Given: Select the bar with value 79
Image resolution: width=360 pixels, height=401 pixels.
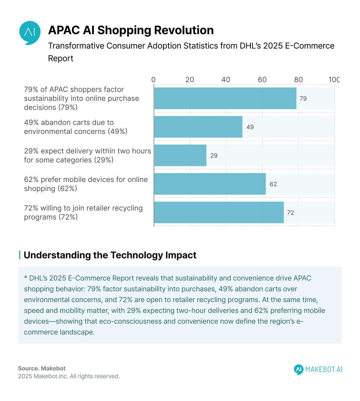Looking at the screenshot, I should (x=225, y=98).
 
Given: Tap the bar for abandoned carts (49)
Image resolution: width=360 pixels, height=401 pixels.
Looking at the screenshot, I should (x=198, y=127).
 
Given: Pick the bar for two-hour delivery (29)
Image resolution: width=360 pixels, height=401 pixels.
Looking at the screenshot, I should (x=180, y=155).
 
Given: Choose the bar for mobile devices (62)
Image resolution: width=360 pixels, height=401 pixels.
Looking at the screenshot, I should (x=210, y=184).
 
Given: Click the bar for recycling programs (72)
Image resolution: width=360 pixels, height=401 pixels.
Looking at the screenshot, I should (x=219, y=212).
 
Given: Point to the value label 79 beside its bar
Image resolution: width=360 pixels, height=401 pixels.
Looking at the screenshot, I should (x=303, y=99).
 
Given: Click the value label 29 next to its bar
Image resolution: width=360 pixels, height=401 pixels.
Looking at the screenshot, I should (x=214, y=156).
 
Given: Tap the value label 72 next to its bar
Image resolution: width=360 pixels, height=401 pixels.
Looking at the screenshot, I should (x=290, y=213).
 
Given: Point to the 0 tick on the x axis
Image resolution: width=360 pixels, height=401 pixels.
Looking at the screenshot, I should (x=154, y=80).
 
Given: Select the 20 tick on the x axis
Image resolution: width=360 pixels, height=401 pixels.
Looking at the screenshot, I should (x=190, y=80).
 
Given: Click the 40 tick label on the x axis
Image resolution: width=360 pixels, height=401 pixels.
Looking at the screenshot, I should (x=226, y=80).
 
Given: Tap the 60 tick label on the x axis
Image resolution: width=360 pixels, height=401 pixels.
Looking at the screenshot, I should (x=262, y=80).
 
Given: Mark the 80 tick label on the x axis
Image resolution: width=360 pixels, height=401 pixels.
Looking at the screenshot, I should (x=298, y=80).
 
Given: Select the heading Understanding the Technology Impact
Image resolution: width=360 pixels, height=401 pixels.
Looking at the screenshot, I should (x=110, y=255).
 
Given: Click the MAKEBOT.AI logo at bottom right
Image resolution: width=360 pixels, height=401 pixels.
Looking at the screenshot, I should (x=318, y=369).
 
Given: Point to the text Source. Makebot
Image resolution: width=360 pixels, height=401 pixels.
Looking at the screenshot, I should (x=42, y=368).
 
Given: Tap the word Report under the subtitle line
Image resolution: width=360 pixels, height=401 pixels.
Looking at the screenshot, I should (x=61, y=58).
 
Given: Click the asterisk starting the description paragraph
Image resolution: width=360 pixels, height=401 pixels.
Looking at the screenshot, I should (x=26, y=278).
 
